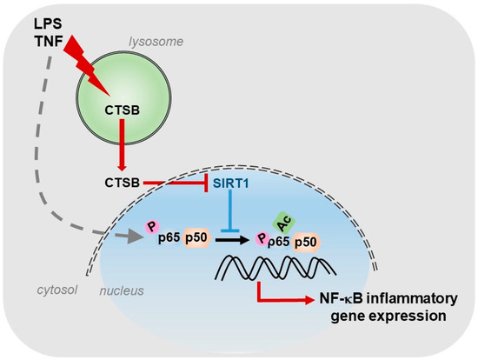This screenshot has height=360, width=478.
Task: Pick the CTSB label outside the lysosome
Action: [119, 183]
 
